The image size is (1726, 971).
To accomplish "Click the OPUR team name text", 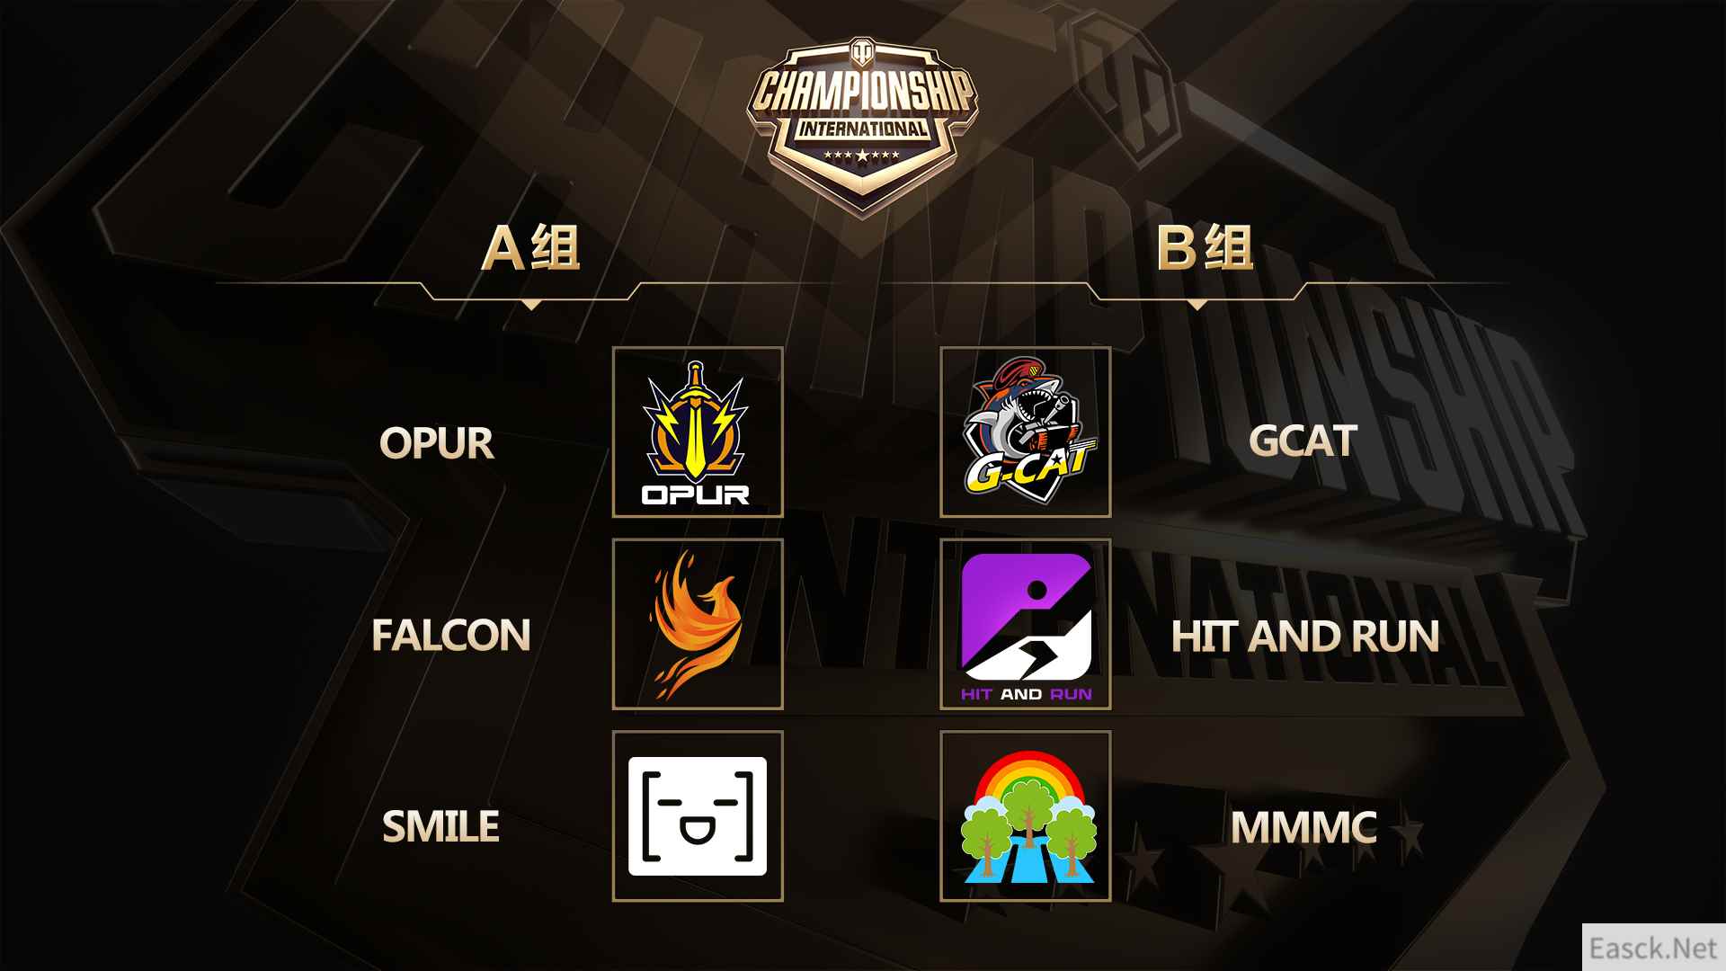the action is [x=437, y=443].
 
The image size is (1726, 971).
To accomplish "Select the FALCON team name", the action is [x=451, y=636].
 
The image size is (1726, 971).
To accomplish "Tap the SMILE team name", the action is [x=440, y=827].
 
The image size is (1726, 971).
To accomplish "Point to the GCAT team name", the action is [x=1303, y=441].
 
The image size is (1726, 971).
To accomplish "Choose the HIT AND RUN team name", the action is [x=1305, y=637].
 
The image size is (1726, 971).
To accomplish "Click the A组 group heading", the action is [x=531, y=247].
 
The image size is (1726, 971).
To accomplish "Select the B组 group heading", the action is [x=1205, y=247].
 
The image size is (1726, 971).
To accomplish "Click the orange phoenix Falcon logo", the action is [x=697, y=624].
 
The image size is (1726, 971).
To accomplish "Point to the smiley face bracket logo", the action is [x=698, y=816].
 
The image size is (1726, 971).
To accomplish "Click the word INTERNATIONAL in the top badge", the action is [x=863, y=129].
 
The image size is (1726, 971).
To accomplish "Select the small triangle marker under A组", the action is [x=531, y=305].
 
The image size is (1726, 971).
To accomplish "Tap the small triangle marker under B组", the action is [x=1197, y=305].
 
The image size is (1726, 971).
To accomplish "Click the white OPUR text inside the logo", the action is [x=696, y=494].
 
